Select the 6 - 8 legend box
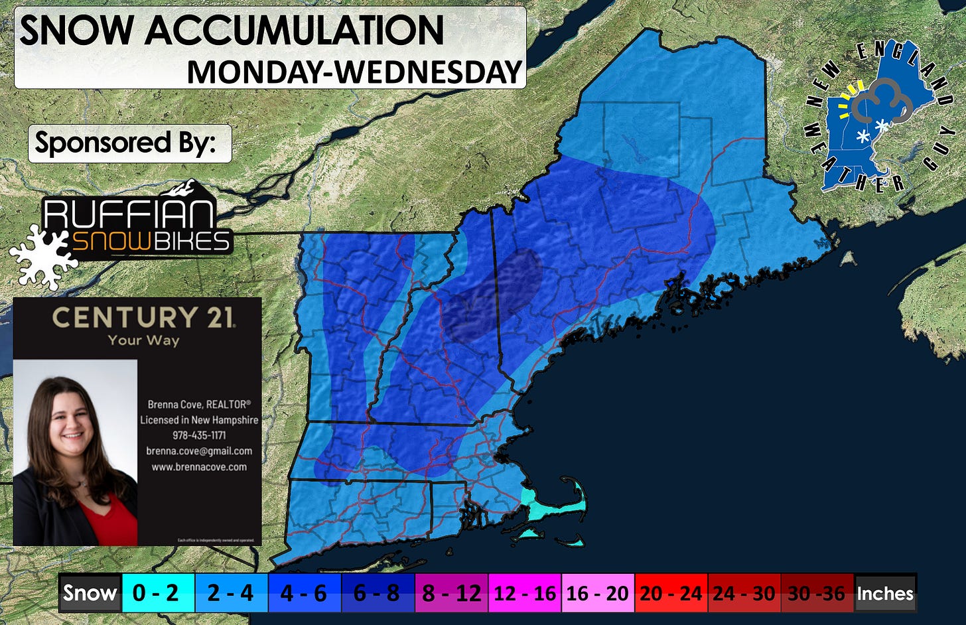click(378, 592)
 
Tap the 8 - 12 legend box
click(451, 592)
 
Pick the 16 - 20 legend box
click(598, 592)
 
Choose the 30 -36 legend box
click(817, 592)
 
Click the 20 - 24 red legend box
click(671, 592)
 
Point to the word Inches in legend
click(885, 592)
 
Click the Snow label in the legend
click(90, 592)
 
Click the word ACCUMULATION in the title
click(294, 31)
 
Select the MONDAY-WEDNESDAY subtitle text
click(354, 72)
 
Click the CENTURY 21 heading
click(143, 317)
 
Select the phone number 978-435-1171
click(199, 435)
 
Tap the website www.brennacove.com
click(199, 467)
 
